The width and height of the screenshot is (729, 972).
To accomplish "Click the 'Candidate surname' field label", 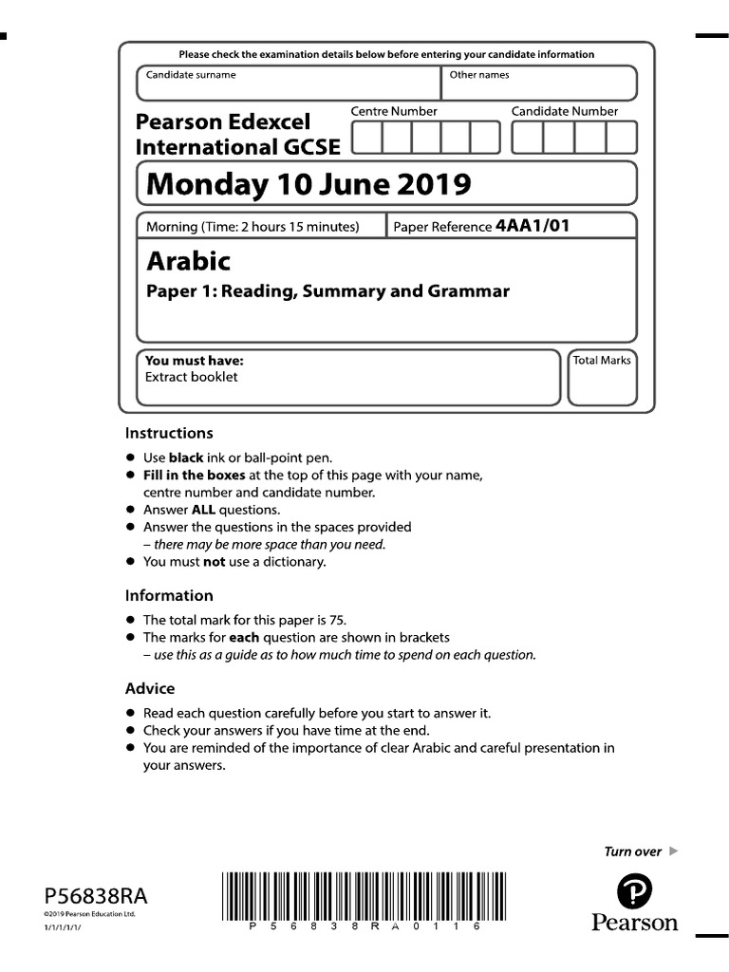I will (191, 75).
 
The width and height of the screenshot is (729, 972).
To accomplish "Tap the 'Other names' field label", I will (478, 75).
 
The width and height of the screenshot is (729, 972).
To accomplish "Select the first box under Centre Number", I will (368, 138).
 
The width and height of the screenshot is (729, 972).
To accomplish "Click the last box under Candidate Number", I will (621, 138).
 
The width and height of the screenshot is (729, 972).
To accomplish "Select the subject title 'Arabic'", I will (188, 260).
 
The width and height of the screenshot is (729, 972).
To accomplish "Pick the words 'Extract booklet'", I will (191, 377).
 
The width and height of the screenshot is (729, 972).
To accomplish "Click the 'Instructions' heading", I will (169, 433).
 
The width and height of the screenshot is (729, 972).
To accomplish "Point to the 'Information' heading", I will (169, 596).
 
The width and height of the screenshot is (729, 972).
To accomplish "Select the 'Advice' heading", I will (150, 688).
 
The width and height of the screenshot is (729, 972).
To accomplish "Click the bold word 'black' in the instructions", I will (186, 458).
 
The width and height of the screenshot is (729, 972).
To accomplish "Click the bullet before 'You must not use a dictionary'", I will (131, 562).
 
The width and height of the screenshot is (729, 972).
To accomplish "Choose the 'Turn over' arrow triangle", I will (674, 851).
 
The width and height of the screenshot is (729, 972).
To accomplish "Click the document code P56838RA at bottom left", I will (96, 896).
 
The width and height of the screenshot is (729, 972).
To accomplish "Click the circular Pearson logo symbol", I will (634, 892).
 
